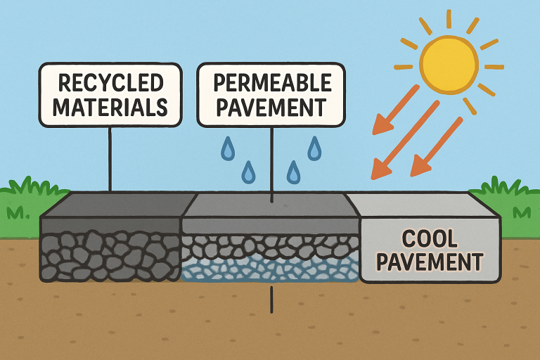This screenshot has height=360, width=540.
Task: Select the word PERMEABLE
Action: [271, 83]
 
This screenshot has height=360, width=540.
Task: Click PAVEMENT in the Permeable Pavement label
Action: [271, 108]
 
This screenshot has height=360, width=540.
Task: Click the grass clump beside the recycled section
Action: [28, 200]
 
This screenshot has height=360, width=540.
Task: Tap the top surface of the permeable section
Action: [271, 205]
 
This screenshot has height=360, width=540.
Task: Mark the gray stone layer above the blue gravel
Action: [271, 245]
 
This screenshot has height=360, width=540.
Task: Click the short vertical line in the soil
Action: [271, 301]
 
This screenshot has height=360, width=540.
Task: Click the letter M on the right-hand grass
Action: [522, 212]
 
